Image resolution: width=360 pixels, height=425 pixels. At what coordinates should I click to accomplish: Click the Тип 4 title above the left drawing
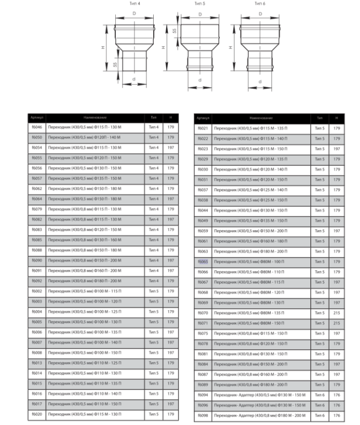coord(135,4)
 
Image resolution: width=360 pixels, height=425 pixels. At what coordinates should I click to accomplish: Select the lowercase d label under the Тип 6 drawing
coord(259,82)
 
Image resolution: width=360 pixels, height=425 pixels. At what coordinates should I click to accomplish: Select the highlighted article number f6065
coord(203,262)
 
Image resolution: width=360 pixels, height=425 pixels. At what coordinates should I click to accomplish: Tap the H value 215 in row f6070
coord(337,313)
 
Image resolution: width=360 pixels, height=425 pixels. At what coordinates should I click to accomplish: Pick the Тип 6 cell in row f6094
coord(320,394)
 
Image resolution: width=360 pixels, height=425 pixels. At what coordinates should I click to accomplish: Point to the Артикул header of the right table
coord(203,118)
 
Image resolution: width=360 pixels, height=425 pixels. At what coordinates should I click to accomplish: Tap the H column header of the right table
coord(337,118)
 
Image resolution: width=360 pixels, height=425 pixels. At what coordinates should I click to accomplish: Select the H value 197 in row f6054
coord(171,148)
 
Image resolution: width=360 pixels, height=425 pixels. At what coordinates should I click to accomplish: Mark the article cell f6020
coord(37,414)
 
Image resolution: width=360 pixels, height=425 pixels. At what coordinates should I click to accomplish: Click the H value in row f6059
coord(337,231)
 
